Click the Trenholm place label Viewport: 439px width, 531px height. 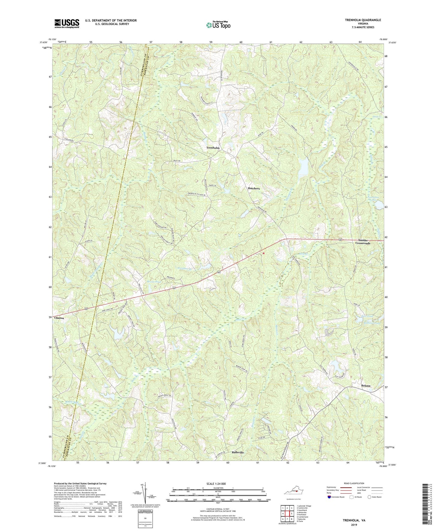(213, 148)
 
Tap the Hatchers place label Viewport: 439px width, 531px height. (253, 189)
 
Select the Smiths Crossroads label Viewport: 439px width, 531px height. (363, 242)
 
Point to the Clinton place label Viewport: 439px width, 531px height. (59, 318)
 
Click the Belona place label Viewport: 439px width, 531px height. (366, 386)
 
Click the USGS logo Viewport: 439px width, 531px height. (67, 23)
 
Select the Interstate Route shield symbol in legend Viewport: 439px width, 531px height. (329, 497)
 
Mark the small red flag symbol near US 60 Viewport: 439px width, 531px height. (263, 253)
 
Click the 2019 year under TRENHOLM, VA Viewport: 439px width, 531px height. (354, 525)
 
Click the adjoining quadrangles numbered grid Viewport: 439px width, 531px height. (287, 514)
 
